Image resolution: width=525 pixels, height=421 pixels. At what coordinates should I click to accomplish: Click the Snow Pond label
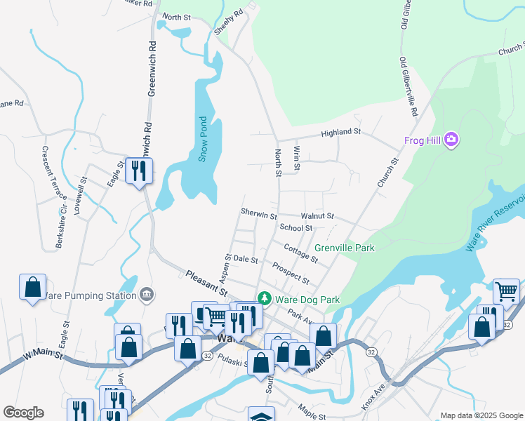click(203, 139)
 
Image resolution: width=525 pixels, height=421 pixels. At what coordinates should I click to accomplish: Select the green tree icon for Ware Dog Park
click(264, 299)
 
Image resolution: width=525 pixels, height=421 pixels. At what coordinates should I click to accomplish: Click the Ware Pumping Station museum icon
click(147, 295)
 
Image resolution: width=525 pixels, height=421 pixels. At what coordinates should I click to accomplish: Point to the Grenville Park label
click(344, 248)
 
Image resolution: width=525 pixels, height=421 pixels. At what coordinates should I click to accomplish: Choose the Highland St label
click(340, 132)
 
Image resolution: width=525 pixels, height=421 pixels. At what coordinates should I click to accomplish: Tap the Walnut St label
click(317, 216)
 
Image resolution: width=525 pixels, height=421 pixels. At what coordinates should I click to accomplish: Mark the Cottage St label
click(300, 253)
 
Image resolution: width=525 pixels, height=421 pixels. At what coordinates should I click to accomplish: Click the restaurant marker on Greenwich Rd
click(138, 171)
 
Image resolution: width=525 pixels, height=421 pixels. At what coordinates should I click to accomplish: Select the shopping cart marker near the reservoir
click(505, 290)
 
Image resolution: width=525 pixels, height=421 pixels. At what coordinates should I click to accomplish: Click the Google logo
click(23, 413)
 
